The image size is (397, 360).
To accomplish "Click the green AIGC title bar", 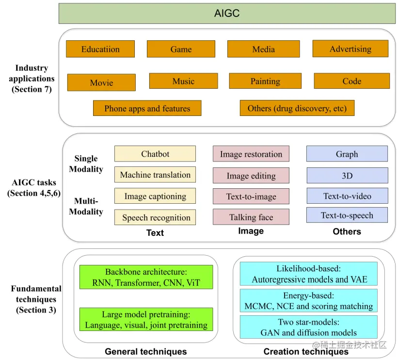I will tap(227, 14).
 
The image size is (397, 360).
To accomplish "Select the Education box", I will tap(100, 49).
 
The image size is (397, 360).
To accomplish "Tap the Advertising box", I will tap(350, 49).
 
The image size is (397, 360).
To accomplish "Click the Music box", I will tap(183, 81).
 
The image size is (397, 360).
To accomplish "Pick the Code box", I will tap(351, 81).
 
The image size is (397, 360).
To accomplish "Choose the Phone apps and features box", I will tap(147, 108).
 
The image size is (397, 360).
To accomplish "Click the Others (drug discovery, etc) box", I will tap(297, 108).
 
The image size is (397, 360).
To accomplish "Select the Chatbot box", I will tap(155, 154).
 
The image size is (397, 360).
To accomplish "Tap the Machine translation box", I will tap(155, 175).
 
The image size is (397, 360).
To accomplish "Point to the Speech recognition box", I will tap(155, 217).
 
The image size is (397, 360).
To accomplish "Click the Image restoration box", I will tap(251, 154).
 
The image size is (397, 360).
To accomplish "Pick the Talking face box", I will tap(251, 217).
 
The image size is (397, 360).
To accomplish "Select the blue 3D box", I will tap(347, 176).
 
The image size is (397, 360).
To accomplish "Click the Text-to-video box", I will tap(347, 196).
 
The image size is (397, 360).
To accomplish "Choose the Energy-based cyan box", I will tap(308, 301).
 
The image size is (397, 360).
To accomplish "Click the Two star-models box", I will tap(308, 327).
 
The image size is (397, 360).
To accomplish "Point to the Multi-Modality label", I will tap(86, 206).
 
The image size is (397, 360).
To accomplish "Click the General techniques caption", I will tap(145, 351).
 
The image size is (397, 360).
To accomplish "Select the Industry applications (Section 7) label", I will tap(32, 79).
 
